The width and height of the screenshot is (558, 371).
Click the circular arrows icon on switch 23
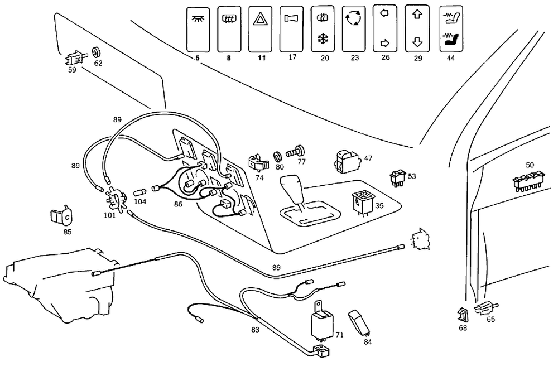click(x=354, y=20)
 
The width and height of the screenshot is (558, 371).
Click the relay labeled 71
click(x=323, y=324)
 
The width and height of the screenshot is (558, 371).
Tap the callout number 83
click(x=255, y=330)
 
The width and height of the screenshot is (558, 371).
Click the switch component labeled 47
click(x=346, y=160)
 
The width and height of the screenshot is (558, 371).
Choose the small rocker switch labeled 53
click(x=397, y=177)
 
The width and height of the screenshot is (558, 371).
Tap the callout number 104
click(x=140, y=201)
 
